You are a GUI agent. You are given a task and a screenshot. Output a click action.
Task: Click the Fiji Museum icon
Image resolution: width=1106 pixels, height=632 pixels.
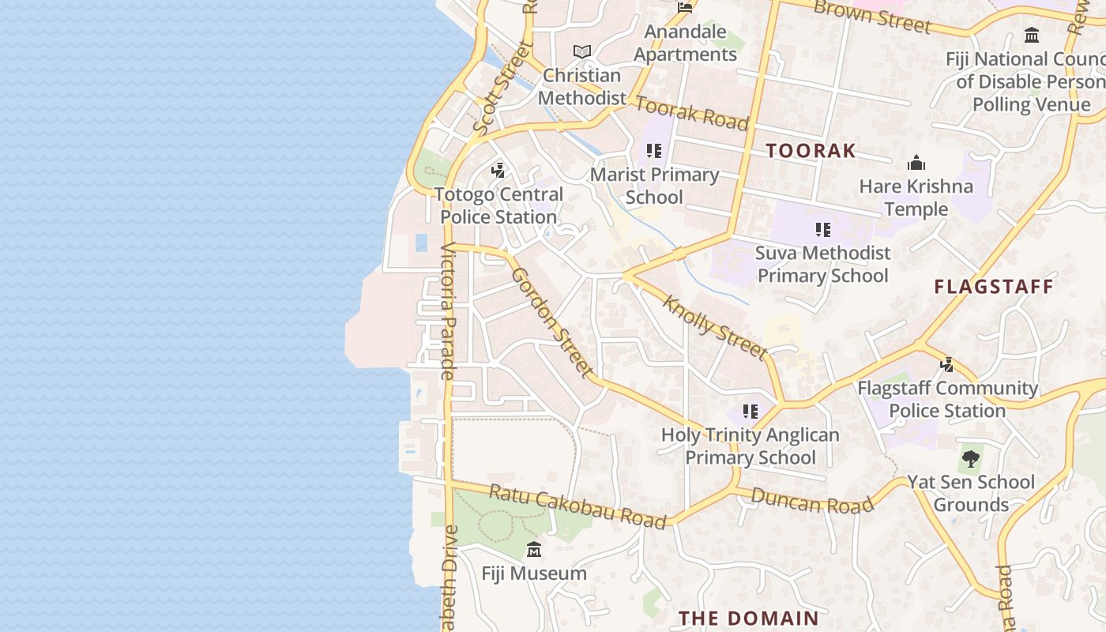click(x=534, y=550)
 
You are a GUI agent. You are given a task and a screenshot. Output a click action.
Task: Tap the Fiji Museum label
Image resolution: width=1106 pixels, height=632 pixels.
click(x=534, y=574)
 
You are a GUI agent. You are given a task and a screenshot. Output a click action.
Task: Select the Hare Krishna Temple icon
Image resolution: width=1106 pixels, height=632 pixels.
click(x=916, y=164)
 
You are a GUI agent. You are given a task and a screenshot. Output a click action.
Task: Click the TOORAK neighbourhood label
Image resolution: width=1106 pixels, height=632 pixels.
click(x=811, y=151)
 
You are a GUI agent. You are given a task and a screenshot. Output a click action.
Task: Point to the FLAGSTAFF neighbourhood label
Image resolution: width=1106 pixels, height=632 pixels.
click(x=994, y=287)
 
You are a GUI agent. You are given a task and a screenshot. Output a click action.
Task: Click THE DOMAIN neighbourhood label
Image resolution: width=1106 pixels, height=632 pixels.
click(x=748, y=618)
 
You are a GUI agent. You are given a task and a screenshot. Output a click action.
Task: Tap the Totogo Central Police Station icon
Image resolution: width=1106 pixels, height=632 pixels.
click(x=498, y=170)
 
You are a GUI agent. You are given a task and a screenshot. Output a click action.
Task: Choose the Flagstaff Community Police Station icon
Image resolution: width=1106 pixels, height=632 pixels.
click(x=946, y=364)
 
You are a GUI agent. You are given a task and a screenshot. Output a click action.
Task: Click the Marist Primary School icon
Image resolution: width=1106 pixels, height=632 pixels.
click(x=653, y=151)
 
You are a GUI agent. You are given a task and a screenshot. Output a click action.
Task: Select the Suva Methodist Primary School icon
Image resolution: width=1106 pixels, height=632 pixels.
click(x=823, y=230)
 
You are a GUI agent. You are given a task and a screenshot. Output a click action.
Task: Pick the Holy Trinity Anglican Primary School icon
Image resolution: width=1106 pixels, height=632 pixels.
click(x=750, y=411)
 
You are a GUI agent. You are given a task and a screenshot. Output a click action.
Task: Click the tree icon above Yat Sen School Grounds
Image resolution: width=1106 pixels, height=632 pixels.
click(x=970, y=458)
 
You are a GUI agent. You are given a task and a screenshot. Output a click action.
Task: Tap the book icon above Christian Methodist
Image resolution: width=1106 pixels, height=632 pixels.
click(x=582, y=51)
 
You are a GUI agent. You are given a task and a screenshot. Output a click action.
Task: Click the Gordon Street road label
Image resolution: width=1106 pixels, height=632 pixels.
click(x=551, y=322)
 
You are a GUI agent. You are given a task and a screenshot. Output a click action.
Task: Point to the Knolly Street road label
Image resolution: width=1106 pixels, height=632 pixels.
click(x=716, y=326)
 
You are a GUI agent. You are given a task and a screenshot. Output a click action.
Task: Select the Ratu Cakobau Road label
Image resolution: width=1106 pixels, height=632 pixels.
click(x=577, y=506)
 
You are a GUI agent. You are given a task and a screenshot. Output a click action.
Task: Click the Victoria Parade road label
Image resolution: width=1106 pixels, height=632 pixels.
click(x=447, y=311)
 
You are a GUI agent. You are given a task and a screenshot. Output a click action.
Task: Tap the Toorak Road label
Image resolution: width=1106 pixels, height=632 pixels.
click(x=691, y=113)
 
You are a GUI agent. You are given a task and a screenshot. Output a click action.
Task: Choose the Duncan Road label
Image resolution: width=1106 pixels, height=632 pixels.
click(x=812, y=501)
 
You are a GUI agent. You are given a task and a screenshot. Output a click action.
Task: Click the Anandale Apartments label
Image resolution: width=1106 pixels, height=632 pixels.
click(x=685, y=43)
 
